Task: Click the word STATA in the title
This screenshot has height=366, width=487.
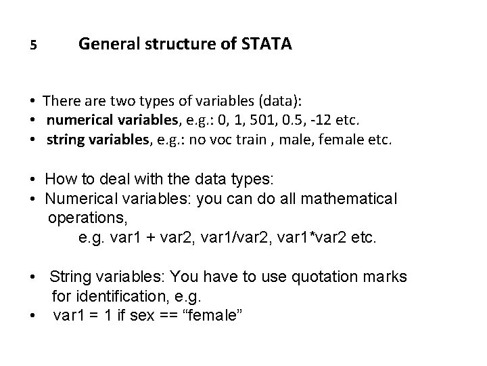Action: [267, 45]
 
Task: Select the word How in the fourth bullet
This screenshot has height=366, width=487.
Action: [59, 180]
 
